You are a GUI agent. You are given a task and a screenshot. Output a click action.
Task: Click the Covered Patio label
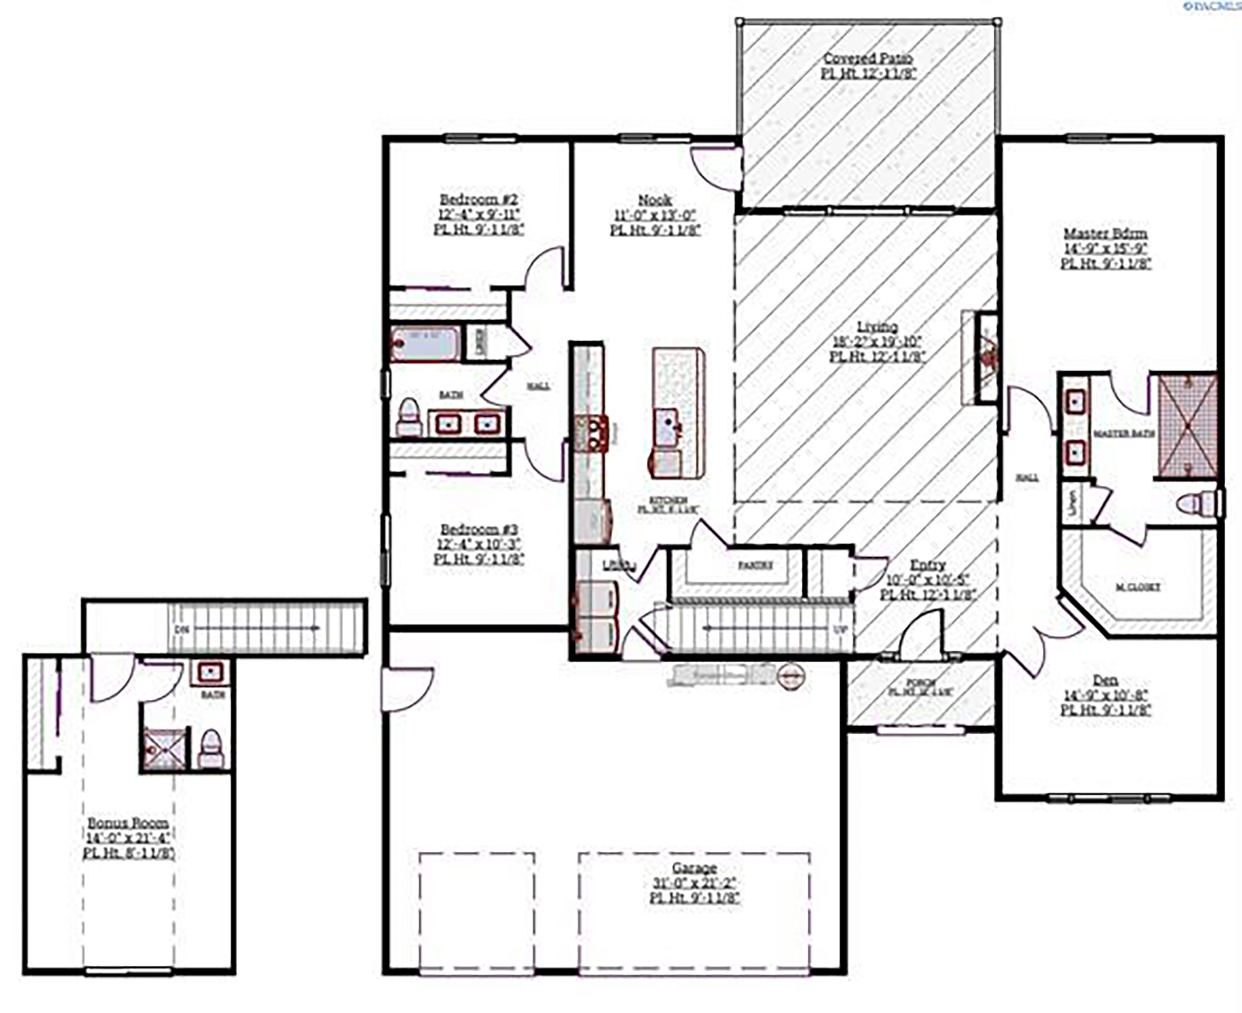[x=868, y=59]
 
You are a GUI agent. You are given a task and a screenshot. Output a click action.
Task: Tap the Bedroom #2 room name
[x=478, y=200]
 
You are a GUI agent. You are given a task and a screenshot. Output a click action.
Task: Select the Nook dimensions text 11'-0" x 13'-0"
[x=655, y=215]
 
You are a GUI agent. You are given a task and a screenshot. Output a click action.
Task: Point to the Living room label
[x=877, y=327]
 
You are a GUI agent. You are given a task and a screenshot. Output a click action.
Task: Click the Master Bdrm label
[x=1105, y=234]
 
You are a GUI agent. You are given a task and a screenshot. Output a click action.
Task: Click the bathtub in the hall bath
[x=426, y=344]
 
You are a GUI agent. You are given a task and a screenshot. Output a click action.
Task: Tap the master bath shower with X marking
[x=1187, y=426]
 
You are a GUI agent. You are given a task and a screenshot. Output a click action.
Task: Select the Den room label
[x=1105, y=680]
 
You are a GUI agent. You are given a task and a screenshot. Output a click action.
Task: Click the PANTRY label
[x=755, y=565]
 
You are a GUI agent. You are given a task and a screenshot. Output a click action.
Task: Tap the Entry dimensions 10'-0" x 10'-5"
[x=928, y=580]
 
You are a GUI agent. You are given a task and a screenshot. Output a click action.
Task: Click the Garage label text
[x=694, y=868]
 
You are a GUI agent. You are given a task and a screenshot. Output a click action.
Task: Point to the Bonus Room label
[x=128, y=823]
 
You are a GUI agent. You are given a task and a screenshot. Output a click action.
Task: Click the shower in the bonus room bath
[x=164, y=749]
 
